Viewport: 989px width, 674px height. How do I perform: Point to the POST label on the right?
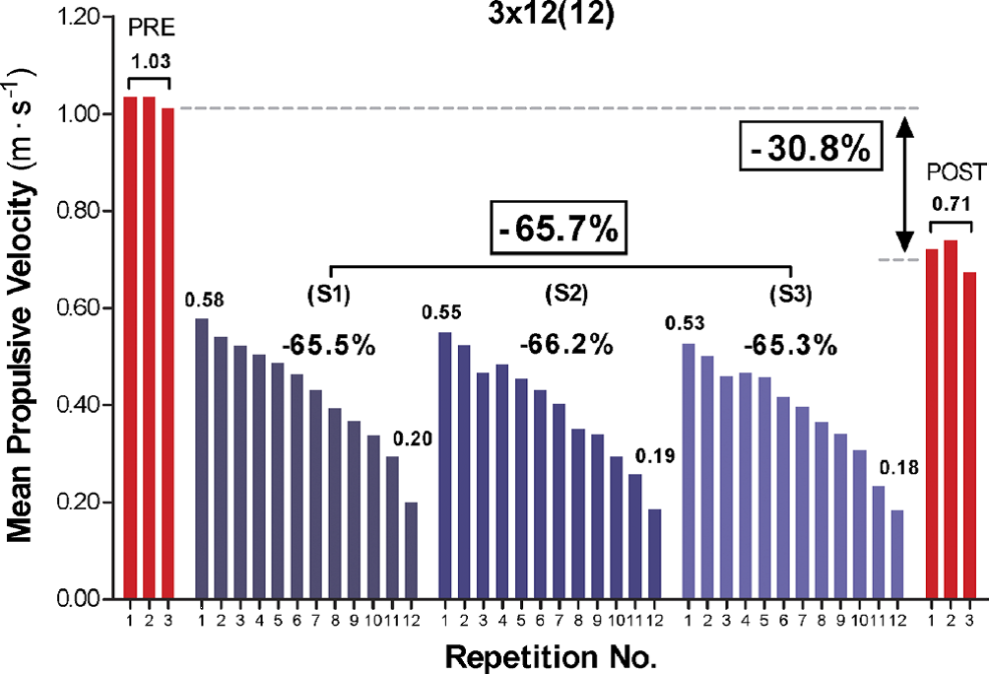tap(955, 174)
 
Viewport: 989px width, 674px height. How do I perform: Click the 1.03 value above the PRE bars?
tap(149, 62)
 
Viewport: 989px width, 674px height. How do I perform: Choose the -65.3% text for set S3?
tap(790, 346)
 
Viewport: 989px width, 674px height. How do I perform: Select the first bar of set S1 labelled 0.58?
tap(201, 458)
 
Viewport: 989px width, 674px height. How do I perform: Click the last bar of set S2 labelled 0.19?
tap(654, 554)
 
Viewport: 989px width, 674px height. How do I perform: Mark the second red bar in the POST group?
tap(951, 419)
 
